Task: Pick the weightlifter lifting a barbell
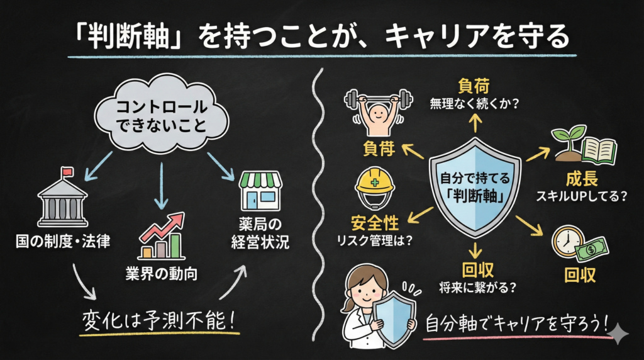tap(376, 113)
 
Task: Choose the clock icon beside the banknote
tap(569, 240)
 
